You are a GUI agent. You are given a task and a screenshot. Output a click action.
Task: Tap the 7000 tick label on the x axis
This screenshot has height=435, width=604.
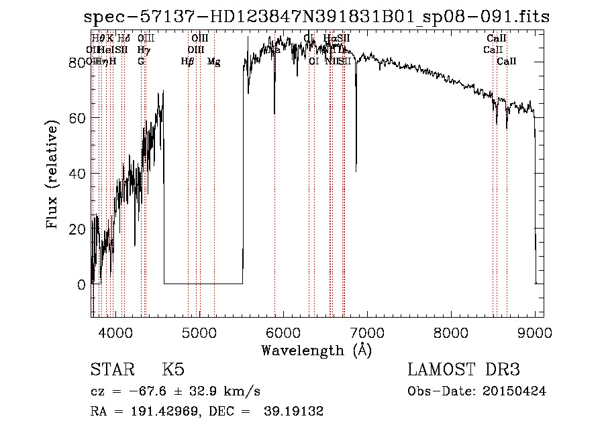click(367, 332)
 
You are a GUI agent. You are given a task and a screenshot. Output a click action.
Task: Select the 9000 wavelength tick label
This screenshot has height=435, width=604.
click(535, 332)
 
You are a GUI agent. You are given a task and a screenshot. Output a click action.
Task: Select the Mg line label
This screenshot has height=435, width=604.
click(214, 62)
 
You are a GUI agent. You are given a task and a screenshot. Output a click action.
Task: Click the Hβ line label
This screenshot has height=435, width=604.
click(188, 62)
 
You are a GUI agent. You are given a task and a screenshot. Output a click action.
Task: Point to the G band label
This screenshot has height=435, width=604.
click(141, 62)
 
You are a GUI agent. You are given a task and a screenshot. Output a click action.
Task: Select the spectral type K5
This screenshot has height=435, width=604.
click(172, 370)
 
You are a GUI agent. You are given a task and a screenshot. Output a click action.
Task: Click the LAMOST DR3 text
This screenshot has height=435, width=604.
click(463, 370)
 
